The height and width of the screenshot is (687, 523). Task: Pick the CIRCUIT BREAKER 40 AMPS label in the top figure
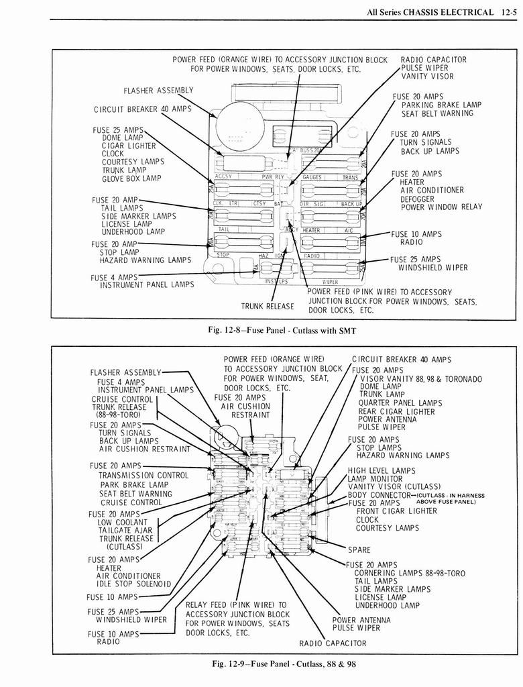[142, 109]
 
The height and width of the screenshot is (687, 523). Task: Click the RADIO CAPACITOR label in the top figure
[433, 60]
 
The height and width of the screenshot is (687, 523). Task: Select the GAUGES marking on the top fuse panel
[312, 178]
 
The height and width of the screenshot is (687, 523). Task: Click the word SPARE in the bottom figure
[359, 549]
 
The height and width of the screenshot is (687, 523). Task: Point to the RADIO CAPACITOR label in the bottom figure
[333, 643]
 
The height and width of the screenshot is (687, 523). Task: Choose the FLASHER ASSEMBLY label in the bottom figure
[125, 372]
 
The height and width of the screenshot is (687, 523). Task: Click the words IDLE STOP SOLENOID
[133, 584]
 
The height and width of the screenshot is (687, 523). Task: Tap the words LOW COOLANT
[122, 522]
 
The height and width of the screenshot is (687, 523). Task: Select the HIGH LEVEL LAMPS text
[381, 470]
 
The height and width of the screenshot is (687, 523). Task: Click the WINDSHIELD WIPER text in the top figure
[432, 268]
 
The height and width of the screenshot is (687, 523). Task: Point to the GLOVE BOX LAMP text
[131, 178]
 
